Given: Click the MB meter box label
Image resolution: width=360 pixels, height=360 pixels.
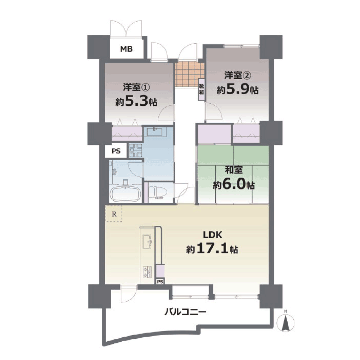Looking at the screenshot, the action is coord(126,49).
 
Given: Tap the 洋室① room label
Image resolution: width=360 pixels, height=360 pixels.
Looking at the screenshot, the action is coord(136,87).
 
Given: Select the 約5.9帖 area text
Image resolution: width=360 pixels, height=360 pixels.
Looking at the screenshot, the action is coord(237,90).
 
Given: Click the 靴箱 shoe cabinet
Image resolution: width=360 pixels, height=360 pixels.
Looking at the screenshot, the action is coord(201,90).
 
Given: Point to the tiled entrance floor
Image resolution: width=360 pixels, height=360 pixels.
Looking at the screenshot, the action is coord(190,75).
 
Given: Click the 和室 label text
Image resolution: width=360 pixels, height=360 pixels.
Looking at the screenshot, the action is coord(234,170).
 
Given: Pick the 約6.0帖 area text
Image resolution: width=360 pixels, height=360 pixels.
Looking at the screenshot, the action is coord(234,185).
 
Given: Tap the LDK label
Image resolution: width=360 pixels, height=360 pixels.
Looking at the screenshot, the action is coord(212,235).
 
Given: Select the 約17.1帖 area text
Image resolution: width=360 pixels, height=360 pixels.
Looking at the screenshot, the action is coord(212,249).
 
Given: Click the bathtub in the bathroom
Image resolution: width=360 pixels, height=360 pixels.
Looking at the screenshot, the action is coord(125,193).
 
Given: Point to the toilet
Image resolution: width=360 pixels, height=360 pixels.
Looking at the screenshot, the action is coord(157,192).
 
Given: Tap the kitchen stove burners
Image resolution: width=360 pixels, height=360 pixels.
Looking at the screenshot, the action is coord(147,272).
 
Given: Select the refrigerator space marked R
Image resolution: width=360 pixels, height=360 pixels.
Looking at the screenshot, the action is coord(114,213).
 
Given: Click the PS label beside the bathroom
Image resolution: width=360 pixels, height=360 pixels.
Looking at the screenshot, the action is coord(116,151).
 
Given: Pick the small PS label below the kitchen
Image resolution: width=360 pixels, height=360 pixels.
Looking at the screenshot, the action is coord(160,282).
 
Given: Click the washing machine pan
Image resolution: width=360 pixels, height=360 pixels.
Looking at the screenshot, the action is coord(135,150).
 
